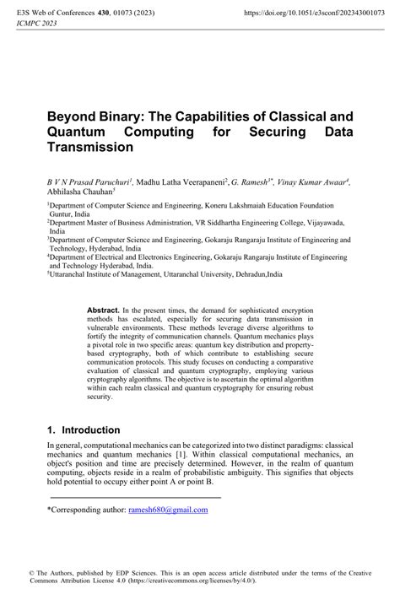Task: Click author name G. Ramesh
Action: click(253, 182)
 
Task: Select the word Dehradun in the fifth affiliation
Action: click(249, 274)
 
